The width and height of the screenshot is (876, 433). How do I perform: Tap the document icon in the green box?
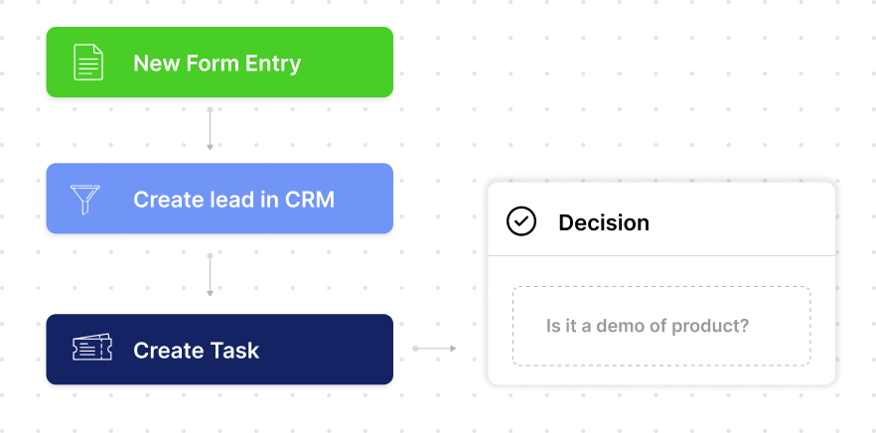(x=88, y=64)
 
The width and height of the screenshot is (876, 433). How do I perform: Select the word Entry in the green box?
(x=270, y=65)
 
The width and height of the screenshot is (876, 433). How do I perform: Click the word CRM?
(x=309, y=200)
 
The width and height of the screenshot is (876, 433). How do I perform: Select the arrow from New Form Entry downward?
(x=210, y=129)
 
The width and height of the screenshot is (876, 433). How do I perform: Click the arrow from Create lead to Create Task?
(x=210, y=275)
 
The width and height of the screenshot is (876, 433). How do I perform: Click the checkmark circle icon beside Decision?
(x=521, y=221)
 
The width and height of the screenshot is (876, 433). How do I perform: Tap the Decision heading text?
(x=603, y=222)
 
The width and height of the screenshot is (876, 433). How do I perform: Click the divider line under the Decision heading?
(x=660, y=255)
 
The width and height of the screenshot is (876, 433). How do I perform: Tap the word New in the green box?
(x=155, y=65)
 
